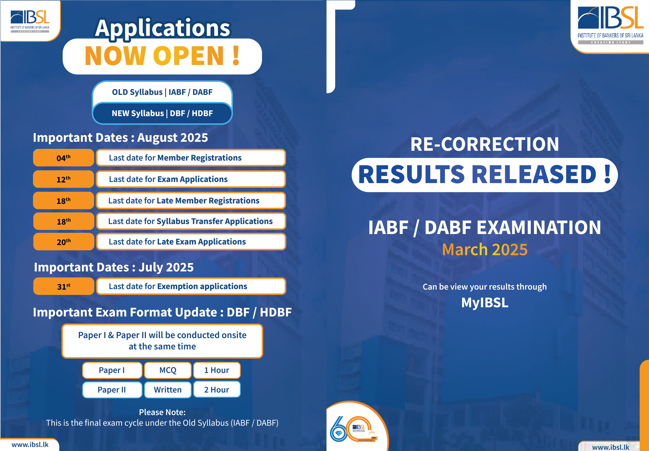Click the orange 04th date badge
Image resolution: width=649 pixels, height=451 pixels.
click(64, 158)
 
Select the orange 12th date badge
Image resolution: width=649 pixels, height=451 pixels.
click(64, 179)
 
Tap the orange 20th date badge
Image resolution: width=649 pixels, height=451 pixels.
click(64, 242)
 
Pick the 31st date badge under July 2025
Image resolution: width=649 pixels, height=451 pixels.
click(64, 286)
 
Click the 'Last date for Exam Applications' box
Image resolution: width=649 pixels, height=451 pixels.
click(191, 179)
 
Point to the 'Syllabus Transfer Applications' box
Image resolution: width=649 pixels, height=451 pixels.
click(191, 221)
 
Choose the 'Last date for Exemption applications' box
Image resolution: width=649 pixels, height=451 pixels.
click(191, 286)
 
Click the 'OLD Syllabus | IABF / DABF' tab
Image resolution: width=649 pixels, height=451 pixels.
click(162, 92)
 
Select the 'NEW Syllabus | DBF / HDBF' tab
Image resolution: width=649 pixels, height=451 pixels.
click(162, 113)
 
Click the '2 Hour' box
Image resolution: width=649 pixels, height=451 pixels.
click(217, 390)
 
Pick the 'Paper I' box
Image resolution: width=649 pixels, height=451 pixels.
click(112, 370)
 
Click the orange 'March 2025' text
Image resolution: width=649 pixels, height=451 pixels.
click(485, 249)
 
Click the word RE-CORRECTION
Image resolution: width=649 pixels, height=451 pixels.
click(485, 144)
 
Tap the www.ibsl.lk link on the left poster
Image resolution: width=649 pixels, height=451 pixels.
click(30, 444)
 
